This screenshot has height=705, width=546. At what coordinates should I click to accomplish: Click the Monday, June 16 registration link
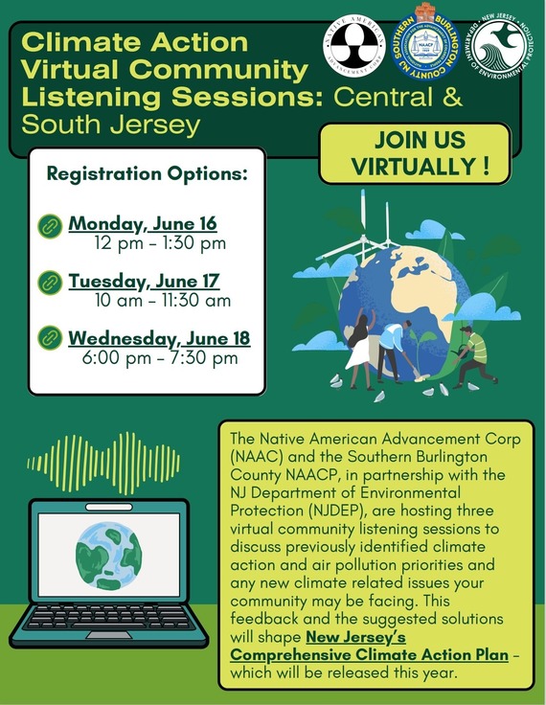point(142,224)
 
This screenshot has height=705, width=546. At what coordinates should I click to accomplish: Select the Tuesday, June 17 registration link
point(144,282)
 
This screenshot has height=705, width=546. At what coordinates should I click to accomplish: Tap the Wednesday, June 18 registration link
point(158,338)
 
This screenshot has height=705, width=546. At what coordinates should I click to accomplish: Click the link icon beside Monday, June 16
point(49,226)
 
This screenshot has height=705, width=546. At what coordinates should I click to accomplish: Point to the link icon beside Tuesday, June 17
point(49,283)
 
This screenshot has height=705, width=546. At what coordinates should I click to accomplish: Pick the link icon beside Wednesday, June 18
point(49,339)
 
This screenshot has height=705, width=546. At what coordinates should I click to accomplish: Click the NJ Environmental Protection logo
point(499,45)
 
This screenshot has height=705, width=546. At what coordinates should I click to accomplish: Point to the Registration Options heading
point(147,175)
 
